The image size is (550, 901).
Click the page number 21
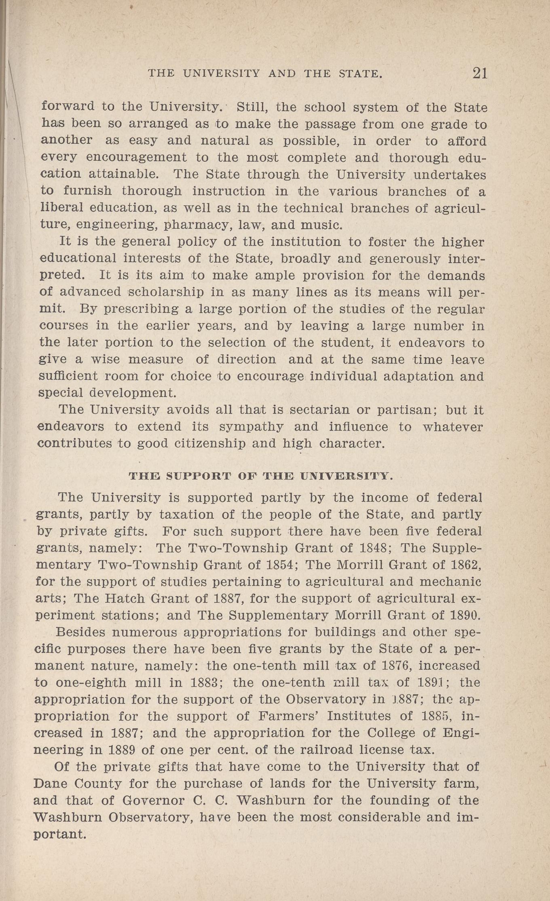click(x=479, y=73)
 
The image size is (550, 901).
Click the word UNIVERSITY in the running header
click(x=221, y=74)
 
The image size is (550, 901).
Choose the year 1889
click(x=122, y=750)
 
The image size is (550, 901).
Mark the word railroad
click(x=328, y=750)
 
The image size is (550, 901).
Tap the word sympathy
click(x=251, y=427)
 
